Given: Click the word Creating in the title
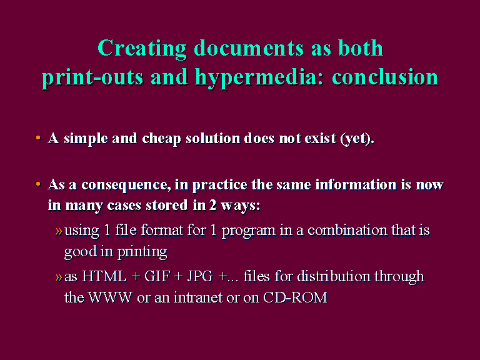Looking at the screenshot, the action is pyautogui.click(x=142, y=49).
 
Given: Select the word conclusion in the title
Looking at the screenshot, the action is pyautogui.click(x=386, y=76).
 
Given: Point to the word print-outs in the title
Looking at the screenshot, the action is pyautogui.click(x=92, y=77).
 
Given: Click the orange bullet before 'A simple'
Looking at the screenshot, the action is pyautogui.click(x=38, y=137).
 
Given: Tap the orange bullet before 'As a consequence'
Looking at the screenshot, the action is pyautogui.click(x=38, y=184).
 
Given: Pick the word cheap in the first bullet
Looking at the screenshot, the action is pyautogui.click(x=161, y=139).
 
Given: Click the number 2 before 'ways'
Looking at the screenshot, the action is pyautogui.click(x=212, y=206).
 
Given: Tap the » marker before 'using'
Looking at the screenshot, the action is pyautogui.click(x=59, y=231).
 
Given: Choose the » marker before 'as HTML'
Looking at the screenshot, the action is pyautogui.click(x=59, y=277).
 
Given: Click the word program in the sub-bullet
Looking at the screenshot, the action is pyautogui.click(x=249, y=231).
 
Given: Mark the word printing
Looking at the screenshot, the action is pyautogui.click(x=142, y=252).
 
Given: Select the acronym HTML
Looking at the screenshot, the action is pyautogui.click(x=104, y=276).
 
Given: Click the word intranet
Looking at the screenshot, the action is pyautogui.click(x=198, y=297).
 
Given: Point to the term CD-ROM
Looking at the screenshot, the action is pyautogui.click(x=295, y=297).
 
